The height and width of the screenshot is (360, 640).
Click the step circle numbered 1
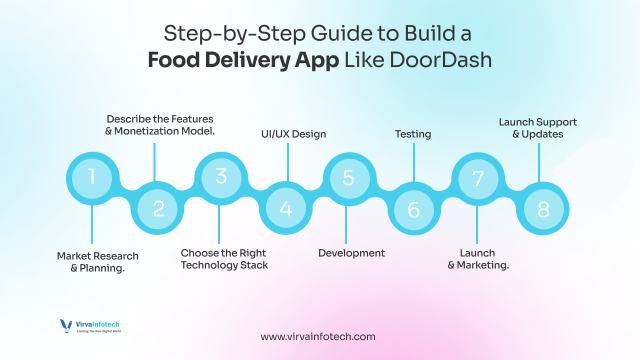(x=92, y=178)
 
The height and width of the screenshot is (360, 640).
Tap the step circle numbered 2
(x=157, y=209)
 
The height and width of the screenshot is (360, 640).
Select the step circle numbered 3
(x=221, y=178)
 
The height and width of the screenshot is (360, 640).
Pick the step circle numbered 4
(x=286, y=209)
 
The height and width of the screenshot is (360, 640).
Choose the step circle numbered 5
(x=348, y=178)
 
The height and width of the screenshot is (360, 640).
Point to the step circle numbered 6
(x=414, y=209)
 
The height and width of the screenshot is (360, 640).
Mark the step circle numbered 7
(x=477, y=178)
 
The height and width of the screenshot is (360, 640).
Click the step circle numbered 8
(x=542, y=209)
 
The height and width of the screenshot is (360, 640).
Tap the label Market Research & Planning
(x=98, y=262)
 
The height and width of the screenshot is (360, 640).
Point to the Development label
(x=352, y=253)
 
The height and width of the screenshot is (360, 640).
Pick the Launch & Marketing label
(x=478, y=259)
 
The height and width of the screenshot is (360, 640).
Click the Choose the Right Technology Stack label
(x=224, y=259)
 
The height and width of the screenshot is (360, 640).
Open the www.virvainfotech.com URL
(x=318, y=337)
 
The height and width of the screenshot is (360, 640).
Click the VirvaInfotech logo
(x=91, y=328)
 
